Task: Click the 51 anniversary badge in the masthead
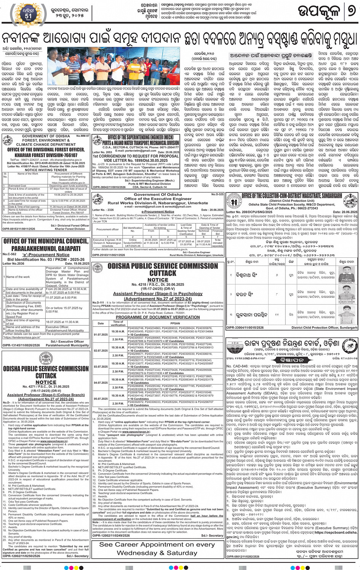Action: pos(28,14)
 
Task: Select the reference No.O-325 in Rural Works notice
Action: pos(218,195)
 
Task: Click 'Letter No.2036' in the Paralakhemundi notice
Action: pos(13,263)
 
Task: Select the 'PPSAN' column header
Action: pos(175,323)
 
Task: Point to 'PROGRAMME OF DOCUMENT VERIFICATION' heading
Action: pos(158,317)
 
